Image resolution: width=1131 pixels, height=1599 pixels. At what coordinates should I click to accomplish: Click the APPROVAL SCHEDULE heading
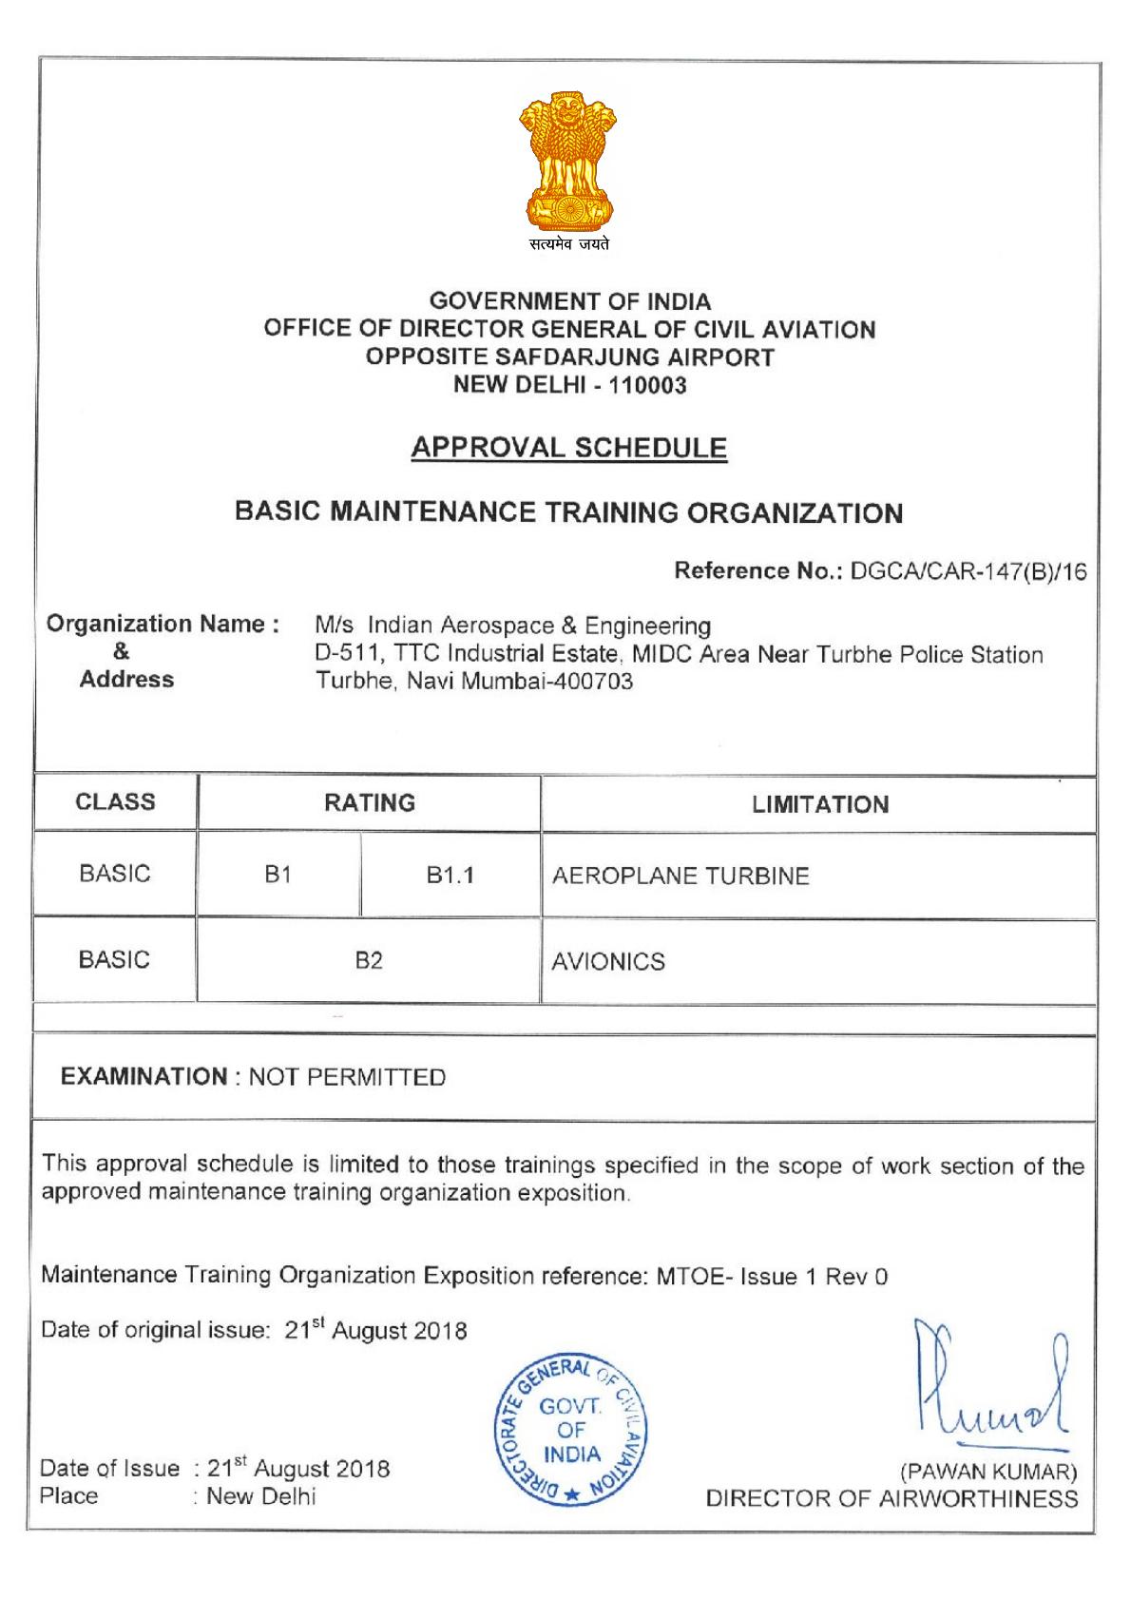click(569, 448)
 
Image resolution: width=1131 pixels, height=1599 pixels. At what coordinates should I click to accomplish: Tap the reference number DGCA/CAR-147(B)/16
click(968, 571)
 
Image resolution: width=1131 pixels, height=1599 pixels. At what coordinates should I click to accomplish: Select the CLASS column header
click(115, 802)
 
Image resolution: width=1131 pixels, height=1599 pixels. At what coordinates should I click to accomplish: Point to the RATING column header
click(370, 803)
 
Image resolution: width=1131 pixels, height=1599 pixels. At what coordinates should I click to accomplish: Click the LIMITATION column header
click(820, 805)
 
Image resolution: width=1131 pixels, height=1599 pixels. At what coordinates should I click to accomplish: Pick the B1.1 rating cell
click(450, 876)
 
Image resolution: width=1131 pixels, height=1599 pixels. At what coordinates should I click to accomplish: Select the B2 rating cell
click(369, 961)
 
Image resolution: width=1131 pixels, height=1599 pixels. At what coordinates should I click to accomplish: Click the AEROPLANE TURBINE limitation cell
click(681, 877)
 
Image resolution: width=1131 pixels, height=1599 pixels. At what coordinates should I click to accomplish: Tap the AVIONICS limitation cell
click(608, 962)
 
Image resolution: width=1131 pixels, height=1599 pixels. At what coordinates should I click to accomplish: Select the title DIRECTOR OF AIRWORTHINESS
click(891, 1499)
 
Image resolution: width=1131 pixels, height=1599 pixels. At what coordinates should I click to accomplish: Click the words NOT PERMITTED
click(347, 1077)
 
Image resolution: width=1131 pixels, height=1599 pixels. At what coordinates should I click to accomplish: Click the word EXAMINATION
click(144, 1077)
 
